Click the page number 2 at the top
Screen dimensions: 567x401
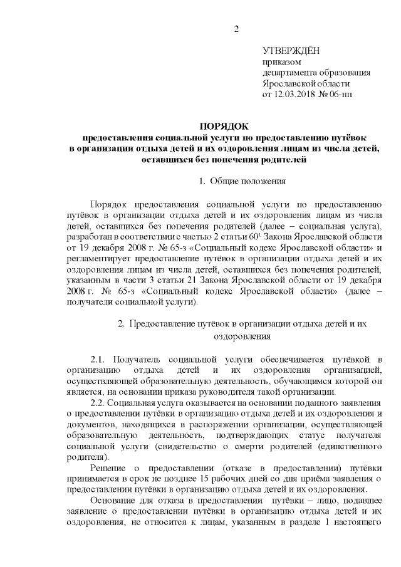[237, 29]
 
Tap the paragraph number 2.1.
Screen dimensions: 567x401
[99, 358]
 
